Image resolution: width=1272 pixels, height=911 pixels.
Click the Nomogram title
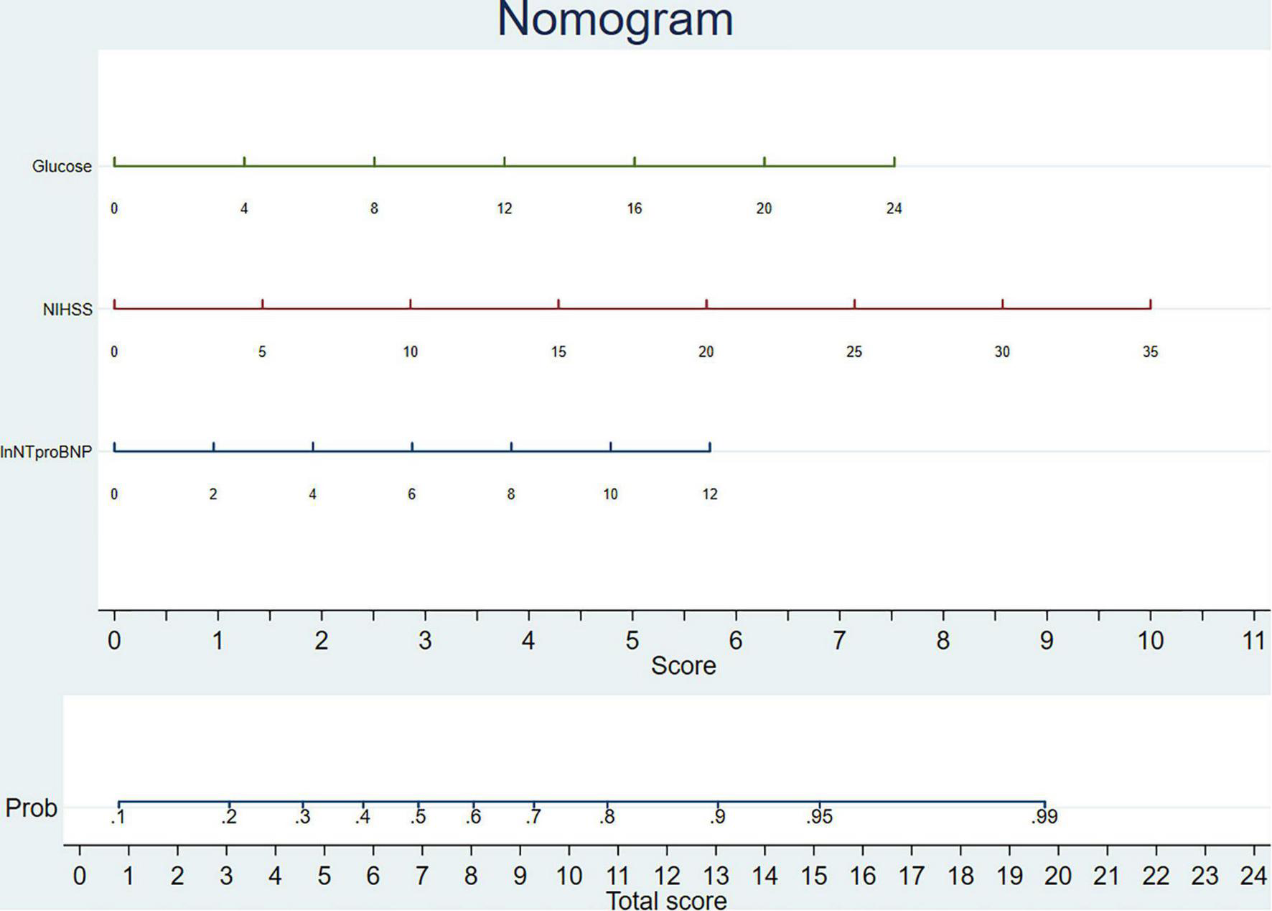tap(615, 19)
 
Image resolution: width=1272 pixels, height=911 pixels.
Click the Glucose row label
tap(62, 167)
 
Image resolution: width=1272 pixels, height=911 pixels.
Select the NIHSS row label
tap(67, 310)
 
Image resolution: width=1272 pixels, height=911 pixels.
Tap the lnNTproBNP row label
tap(46, 452)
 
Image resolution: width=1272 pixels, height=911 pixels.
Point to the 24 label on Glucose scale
tap(894, 208)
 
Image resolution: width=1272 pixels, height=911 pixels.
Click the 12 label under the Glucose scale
tap(504, 208)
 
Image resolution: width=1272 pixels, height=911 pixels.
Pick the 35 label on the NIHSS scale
tap(1150, 351)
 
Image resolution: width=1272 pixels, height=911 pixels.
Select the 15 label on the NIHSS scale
tap(558, 351)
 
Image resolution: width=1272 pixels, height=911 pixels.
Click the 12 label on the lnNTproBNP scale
tap(709, 494)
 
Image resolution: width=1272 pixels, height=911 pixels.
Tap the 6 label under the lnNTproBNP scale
tap(411, 494)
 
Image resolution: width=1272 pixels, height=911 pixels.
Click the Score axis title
tap(683, 666)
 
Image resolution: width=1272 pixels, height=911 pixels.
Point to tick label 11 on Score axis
tap(1253, 640)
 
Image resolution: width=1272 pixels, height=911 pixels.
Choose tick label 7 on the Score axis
tap(839, 640)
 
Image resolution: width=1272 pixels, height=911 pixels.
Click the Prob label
tap(31, 808)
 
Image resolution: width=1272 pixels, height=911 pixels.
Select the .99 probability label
tap(1044, 817)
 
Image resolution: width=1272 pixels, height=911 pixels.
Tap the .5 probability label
tap(418, 817)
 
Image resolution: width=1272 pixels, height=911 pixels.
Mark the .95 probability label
tap(818, 817)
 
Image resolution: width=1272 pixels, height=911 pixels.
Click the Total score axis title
tap(666, 900)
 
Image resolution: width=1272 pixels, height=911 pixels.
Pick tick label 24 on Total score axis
tap(1253, 876)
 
